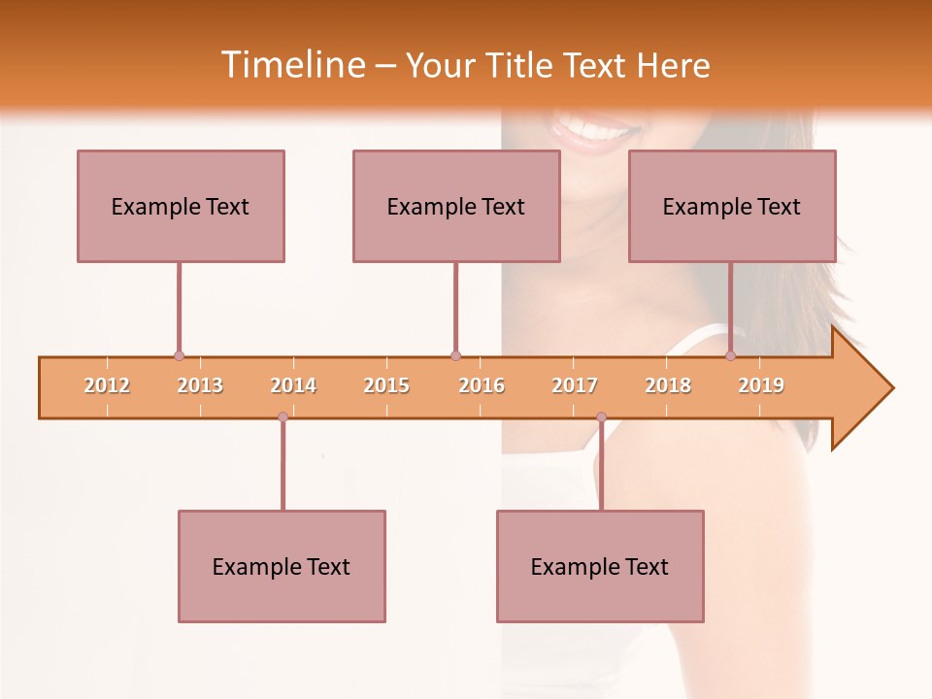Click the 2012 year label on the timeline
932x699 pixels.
[x=107, y=385]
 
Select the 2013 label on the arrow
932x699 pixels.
[x=200, y=385]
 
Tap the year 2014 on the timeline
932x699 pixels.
[x=293, y=385]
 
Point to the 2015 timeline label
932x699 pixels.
[x=386, y=385]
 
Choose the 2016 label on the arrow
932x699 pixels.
[x=482, y=385]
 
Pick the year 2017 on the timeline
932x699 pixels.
[x=575, y=385]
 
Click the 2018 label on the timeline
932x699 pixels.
[x=668, y=385]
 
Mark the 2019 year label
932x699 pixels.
[x=761, y=385]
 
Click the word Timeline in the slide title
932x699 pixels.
[x=290, y=65]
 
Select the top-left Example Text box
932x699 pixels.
[x=181, y=206]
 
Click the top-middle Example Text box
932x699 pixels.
[x=456, y=206]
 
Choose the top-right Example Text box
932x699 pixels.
[x=732, y=206]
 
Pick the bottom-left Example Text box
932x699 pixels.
[x=282, y=566]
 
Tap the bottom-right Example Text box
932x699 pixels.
[x=600, y=566]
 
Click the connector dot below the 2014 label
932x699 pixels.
[x=283, y=417]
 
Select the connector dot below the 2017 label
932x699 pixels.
[x=601, y=417]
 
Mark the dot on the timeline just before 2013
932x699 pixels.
[x=179, y=356]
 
